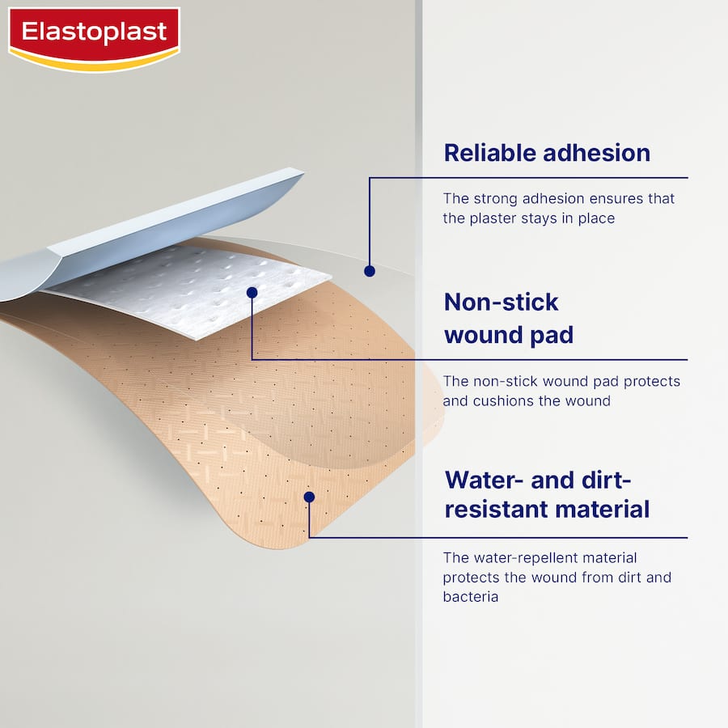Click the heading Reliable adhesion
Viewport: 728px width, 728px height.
click(x=547, y=153)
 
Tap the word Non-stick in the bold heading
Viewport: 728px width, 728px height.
click(x=502, y=303)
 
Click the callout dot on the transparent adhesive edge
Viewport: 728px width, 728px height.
click(x=370, y=271)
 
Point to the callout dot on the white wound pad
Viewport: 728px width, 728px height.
click(x=252, y=292)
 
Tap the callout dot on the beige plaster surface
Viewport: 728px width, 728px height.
click(x=309, y=497)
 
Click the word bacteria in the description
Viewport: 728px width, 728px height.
click(x=470, y=597)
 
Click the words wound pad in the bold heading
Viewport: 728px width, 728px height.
click(x=509, y=335)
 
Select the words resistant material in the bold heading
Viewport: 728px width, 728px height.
click(x=547, y=510)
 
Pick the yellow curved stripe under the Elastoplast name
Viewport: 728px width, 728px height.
click(x=94, y=62)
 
